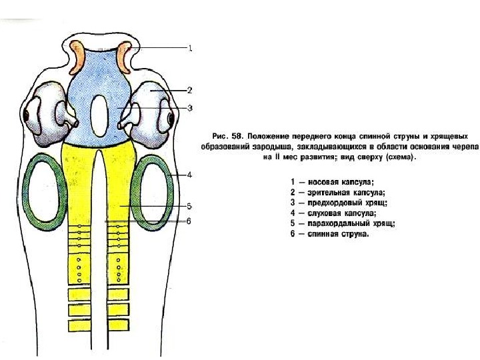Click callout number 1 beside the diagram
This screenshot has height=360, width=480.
pyautogui.click(x=190, y=48)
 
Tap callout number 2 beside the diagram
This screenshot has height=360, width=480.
pyautogui.click(x=190, y=89)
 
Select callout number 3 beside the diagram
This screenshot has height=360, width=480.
pyautogui.click(x=190, y=107)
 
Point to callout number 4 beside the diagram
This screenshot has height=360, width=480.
pyautogui.click(x=190, y=175)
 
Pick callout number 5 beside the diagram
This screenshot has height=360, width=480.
pyautogui.click(x=190, y=206)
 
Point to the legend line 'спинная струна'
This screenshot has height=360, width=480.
pyautogui.click(x=331, y=235)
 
